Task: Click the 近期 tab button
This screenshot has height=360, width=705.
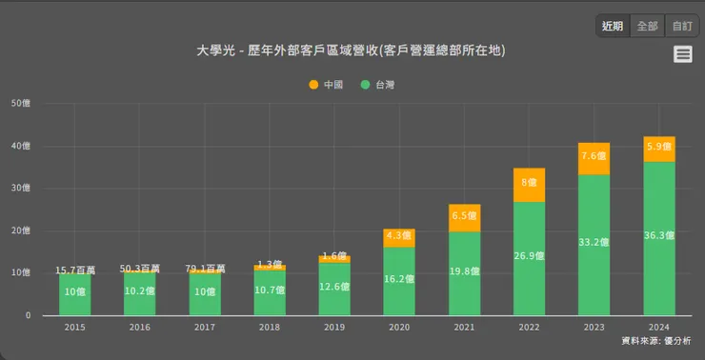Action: click(613, 26)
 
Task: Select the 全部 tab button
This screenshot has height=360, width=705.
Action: click(647, 26)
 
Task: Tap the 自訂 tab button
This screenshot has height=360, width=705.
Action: click(681, 26)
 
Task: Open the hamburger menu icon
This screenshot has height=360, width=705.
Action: click(682, 54)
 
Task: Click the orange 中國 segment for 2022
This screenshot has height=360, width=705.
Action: click(530, 185)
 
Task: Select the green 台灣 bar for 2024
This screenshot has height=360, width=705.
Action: click(659, 238)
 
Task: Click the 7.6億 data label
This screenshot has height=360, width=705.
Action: click(594, 157)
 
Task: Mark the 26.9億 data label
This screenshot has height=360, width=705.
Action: click(530, 256)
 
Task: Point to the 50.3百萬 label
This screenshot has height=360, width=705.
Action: click(139, 270)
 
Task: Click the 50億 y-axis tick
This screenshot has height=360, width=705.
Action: click(21, 104)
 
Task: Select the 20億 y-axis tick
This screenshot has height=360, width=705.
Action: click(21, 230)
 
